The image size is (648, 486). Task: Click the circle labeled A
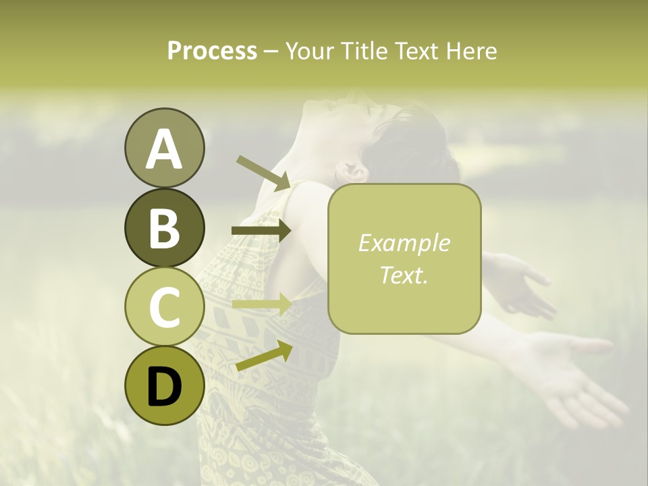(x=164, y=148)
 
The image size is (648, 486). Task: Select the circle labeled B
(x=164, y=227)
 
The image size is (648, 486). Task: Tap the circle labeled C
(x=164, y=306)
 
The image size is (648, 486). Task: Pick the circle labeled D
(x=164, y=385)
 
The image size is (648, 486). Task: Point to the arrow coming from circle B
(x=261, y=231)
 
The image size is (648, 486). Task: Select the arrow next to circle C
(x=261, y=304)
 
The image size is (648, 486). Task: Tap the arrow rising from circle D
(x=264, y=356)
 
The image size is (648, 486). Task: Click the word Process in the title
(x=212, y=51)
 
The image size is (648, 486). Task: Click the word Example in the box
(x=404, y=243)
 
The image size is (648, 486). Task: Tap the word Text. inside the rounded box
(x=404, y=275)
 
